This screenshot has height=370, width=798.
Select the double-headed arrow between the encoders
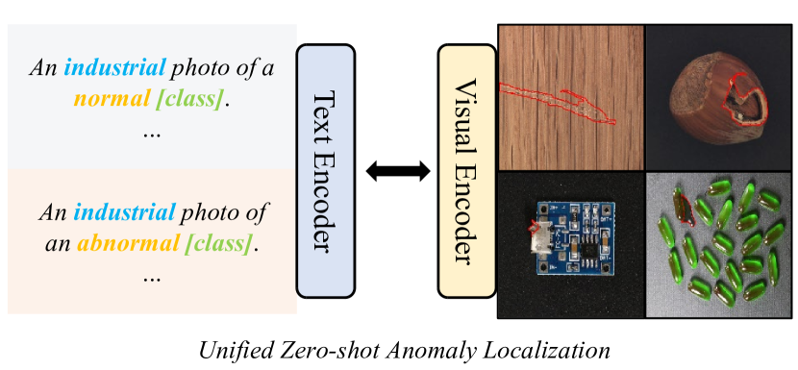397,171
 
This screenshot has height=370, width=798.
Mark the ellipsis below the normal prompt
151,132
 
